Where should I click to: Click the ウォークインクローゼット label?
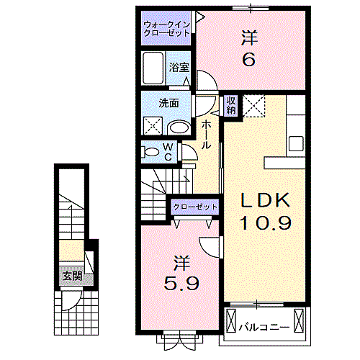pyautogui.click(x=167, y=29)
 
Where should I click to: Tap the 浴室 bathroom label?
pyautogui.click(x=179, y=67)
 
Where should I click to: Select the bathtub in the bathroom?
pyautogui.click(x=153, y=68)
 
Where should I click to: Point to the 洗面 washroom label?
pyautogui.click(x=168, y=103)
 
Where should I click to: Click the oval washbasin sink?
pyautogui.click(x=179, y=127)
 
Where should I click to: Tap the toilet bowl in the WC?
pyautogui.click(x=151, y=152)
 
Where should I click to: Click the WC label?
pyautogui.click(x=168, y=152)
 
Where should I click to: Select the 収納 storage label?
pyautogui.click(x=231, y=105)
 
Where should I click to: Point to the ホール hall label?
pyautogui.click(x=206, y=135)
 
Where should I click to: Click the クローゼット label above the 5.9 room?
pyautogui.click(x=195, y=207)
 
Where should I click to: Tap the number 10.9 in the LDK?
pyautogui.click(x=266, y=222)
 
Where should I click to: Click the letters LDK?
pyautogui.click(x=266, y=200)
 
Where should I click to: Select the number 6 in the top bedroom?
pyautogui.click(x=249, y=59)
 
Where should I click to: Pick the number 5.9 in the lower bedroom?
pyautogui.click(x=181, y=284)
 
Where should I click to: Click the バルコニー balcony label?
pyautogui.click(x=264, y=327)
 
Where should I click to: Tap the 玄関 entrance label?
pyautogui.click(x=73, y=276)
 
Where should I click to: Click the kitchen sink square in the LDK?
pyautogui.click(x=296, y=143)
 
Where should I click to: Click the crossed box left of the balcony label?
pyautogui.click(x=231, y=320)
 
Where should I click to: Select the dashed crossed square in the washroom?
pyautogui.click(x=153, y=126)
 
